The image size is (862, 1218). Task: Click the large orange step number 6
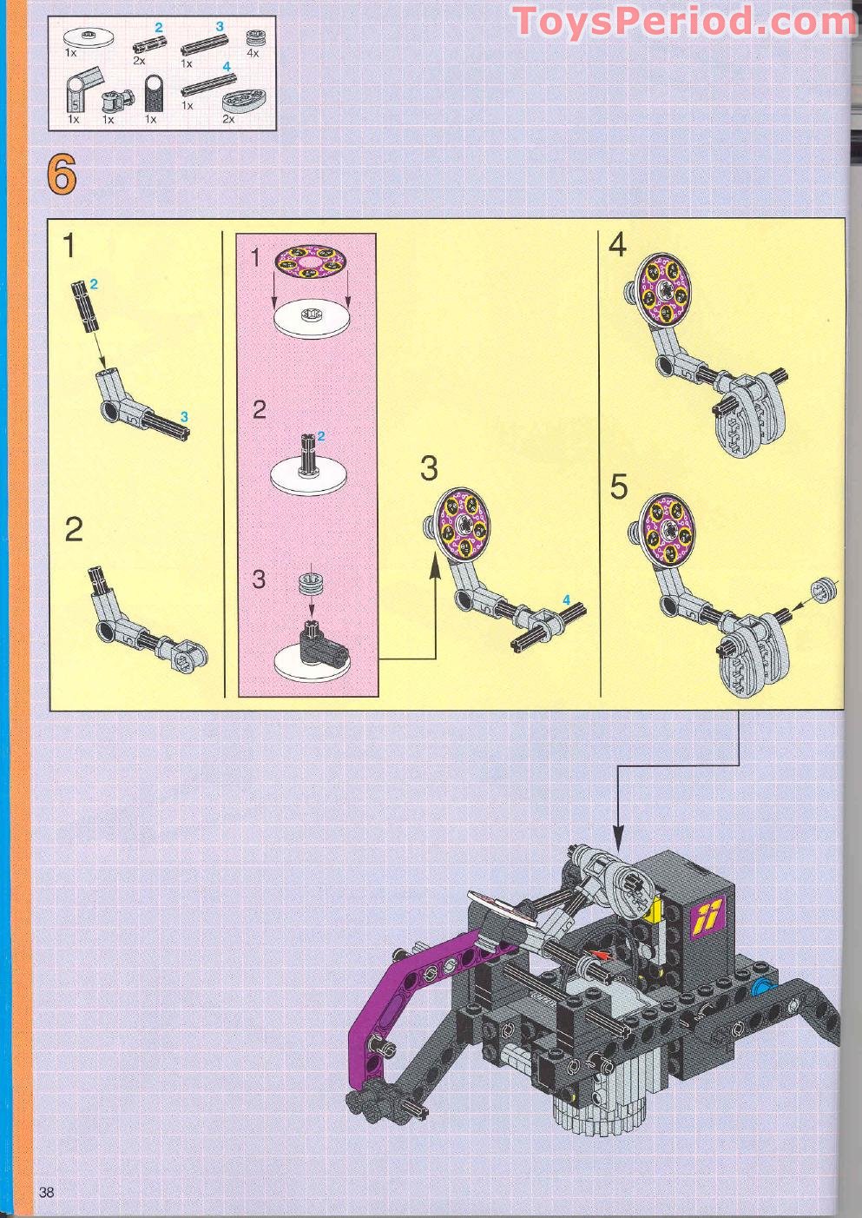62,175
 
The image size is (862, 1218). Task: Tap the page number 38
46,1192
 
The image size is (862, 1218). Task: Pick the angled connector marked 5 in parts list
76,94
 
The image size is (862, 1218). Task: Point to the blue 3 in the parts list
220,27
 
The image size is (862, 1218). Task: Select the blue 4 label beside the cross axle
566,599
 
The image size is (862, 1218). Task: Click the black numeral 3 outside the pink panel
429,468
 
